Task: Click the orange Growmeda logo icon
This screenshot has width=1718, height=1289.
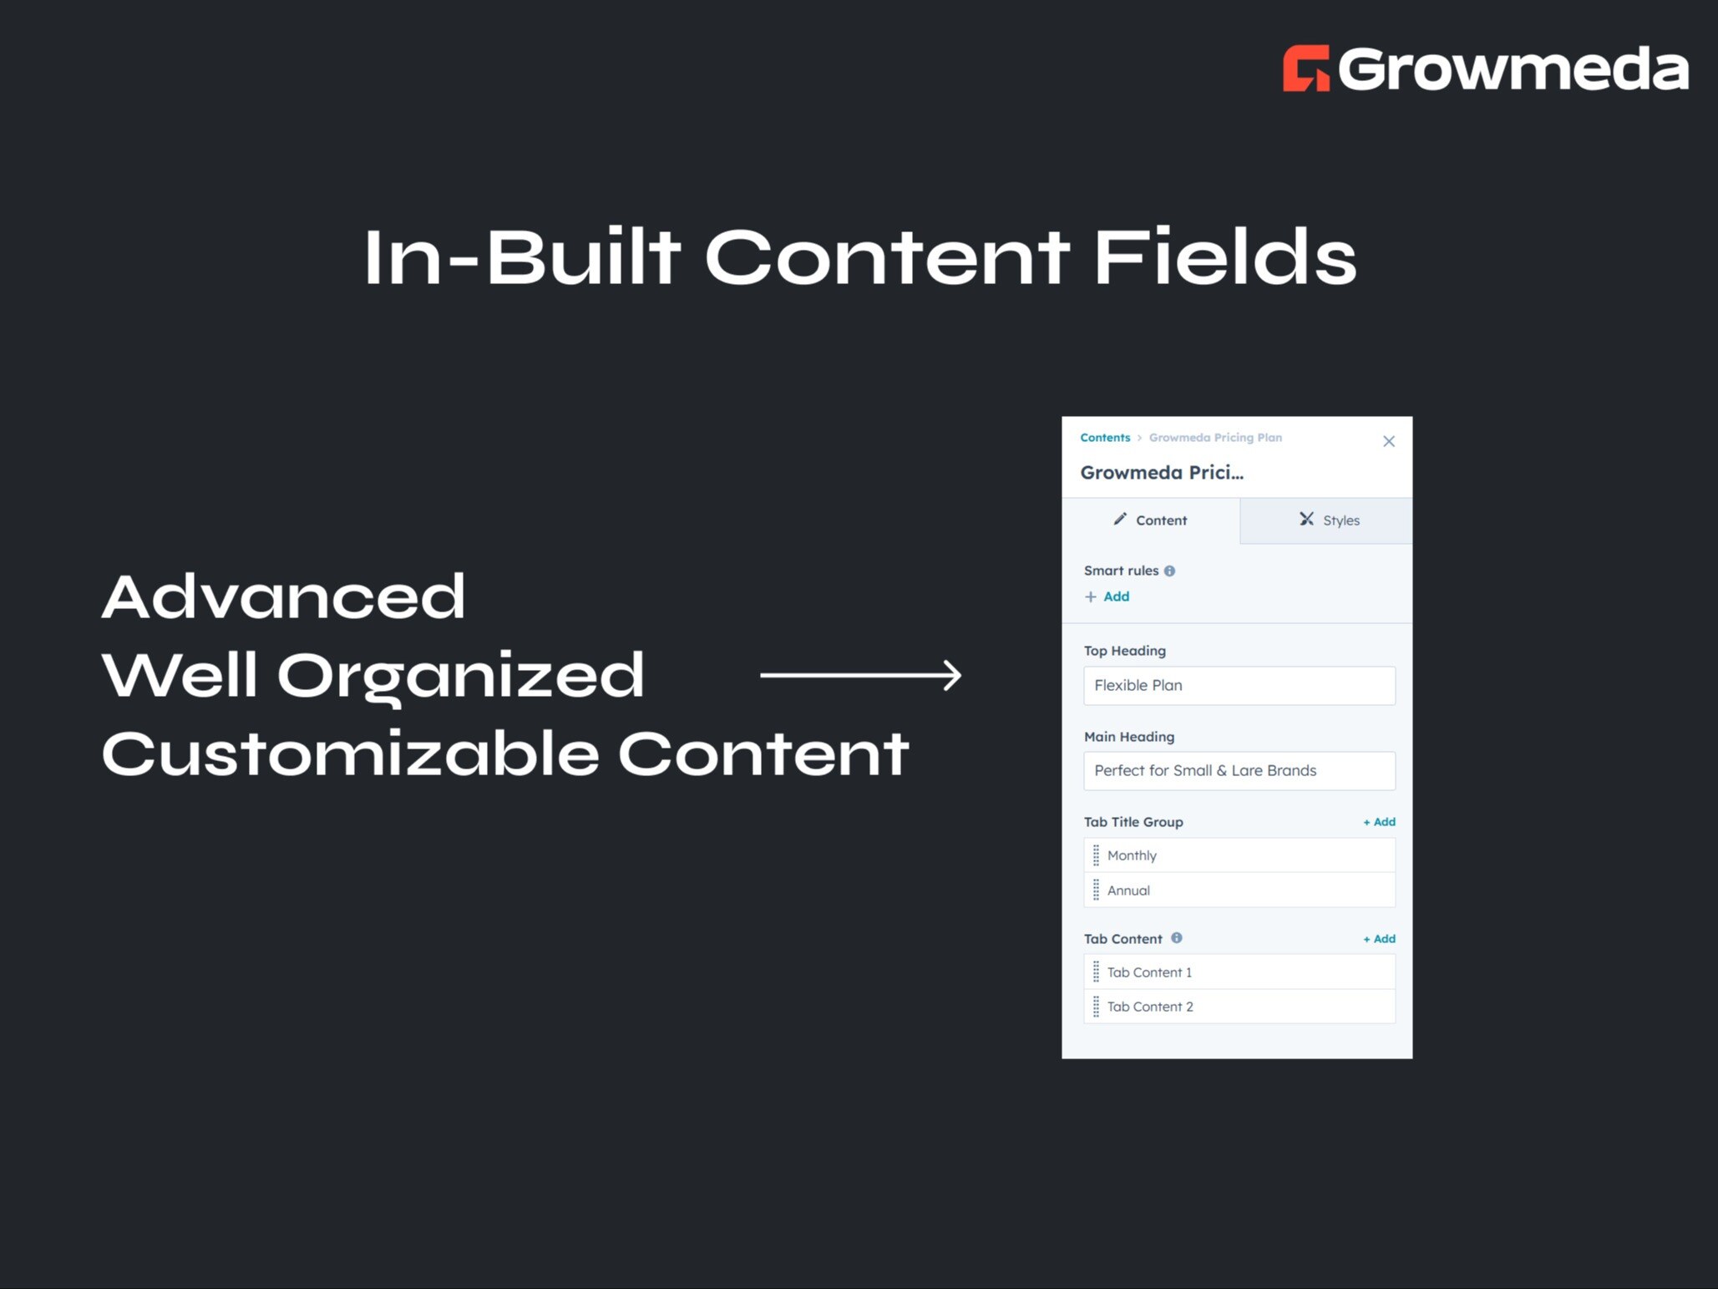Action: [x=1305, y=69]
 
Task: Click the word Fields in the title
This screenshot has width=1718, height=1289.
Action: [x=1224, y=258]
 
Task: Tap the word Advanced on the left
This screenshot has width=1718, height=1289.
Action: [x=283, y=596]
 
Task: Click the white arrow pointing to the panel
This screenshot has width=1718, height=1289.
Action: [x=860, y=675]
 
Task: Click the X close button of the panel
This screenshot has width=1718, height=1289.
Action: [x=1388, y=441]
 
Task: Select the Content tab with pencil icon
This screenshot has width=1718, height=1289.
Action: [x=1150, y=520]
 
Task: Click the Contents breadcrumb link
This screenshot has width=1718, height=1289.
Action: [x=1104, y=438]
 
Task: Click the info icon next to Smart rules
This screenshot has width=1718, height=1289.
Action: [x=1169, y=571]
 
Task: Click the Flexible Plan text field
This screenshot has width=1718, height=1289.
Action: [x=1239, y=685]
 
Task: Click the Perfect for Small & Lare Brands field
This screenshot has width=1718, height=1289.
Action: [x=1239, y=770]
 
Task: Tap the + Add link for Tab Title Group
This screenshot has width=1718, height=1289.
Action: [x=1379, y=822]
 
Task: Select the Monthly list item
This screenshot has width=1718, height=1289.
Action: [x=1239, y=855]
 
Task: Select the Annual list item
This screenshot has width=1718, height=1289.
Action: [x=1239, y=891]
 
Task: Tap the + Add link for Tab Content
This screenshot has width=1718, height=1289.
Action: [x=1379, y=939]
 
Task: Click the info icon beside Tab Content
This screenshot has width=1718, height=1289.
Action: [x=1176, y=938]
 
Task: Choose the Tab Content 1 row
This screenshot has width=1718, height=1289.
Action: [x=1239, y=972]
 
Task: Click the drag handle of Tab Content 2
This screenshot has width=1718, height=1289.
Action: [x=1096, y=1007]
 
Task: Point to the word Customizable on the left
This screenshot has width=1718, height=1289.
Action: [x=350, y=754]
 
